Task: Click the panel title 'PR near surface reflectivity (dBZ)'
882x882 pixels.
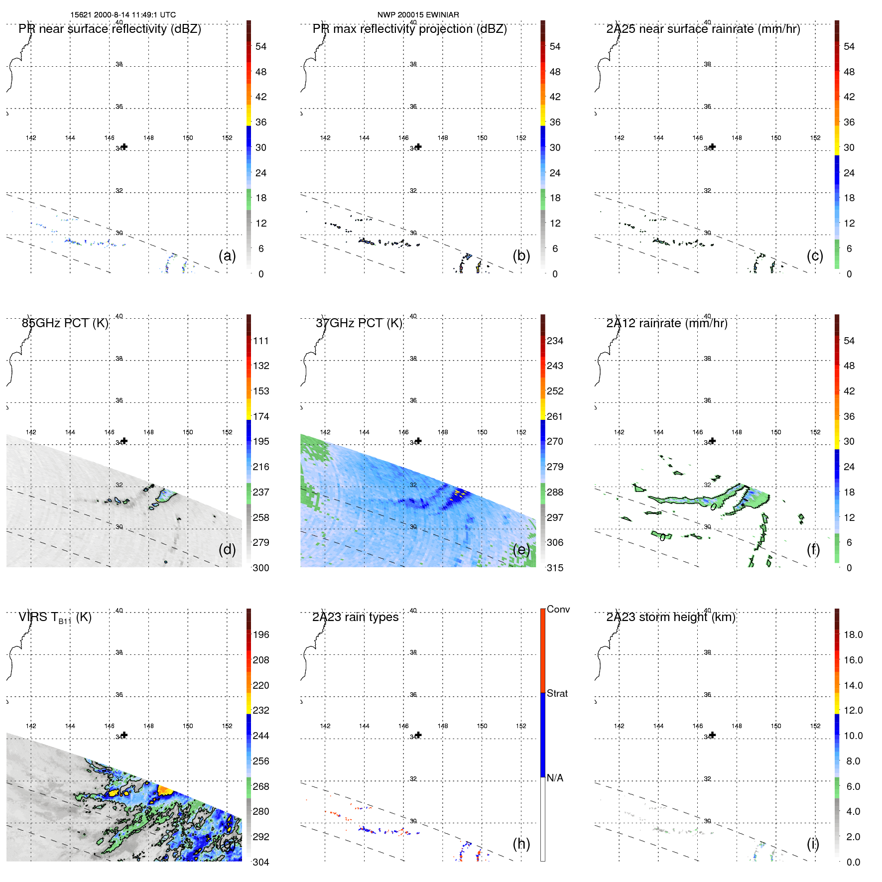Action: (110, 29)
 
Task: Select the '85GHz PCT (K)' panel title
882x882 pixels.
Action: (65, 323)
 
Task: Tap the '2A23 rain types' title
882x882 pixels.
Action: (355, 617)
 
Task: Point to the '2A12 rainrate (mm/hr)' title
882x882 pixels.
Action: (666, 323)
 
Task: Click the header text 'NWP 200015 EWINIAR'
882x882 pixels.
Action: (418, 15)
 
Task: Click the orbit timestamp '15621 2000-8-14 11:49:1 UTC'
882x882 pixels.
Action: (123, 15)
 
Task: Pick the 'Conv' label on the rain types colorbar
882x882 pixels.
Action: (558, 610)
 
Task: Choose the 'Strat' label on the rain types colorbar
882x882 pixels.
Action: (557, 694)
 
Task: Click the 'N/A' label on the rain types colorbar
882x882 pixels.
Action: (555, 778)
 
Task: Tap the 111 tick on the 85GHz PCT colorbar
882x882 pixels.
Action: (260, 341)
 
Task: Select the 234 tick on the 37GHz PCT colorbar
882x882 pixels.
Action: (555, 341)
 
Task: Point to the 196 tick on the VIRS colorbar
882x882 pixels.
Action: (260, 635)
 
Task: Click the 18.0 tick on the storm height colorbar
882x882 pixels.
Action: (853, 635)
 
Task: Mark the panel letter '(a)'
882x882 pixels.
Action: (227, 255)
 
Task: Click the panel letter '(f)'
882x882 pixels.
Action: (813, 549)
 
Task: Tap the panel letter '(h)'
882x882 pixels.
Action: (521, 844)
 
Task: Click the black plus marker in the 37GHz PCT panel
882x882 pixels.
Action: (419, 441)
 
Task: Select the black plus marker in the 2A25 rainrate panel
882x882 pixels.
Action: (713, 146)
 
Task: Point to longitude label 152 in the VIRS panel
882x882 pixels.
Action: (227, 726)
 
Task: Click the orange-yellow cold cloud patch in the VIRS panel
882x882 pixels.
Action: (165, 789)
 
